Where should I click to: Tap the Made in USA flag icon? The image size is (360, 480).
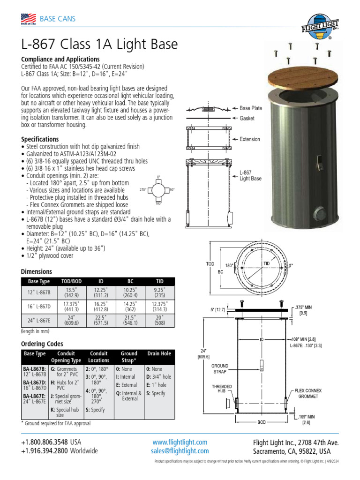(x=29, y=19)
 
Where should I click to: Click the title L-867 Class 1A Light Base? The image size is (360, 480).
(x=99, y=45)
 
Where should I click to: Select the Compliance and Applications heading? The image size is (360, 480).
(x=60, y=59)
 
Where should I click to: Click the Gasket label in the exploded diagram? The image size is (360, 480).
(x=247, y=119)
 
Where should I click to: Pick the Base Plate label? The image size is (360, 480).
(x=251, y=108)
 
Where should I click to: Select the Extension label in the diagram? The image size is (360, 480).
(x=250, y=139)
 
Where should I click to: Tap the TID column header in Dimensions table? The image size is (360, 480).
(x=159, y=281)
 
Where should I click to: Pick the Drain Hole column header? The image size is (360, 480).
(x=159, y=353)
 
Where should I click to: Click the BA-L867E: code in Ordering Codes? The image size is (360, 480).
(x=34, y=396)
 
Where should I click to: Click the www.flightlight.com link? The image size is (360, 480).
(x=180, y=442)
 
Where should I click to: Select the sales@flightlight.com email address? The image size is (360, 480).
(x=180, y=451)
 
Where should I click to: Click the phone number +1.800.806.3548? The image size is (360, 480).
(x=45, y=442)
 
